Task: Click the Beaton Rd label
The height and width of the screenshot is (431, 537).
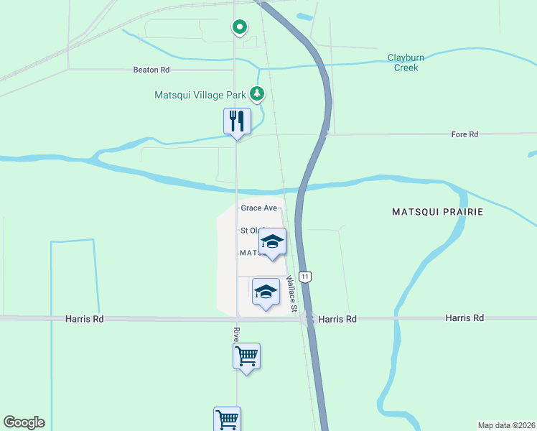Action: click(151, 70)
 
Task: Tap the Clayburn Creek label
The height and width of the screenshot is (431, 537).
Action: click(406, 62)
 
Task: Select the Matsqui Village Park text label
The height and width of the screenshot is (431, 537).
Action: click(200, 94)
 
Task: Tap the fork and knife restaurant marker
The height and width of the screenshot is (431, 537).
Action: click(238, 121)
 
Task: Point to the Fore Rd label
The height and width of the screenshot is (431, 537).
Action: click(464, 134)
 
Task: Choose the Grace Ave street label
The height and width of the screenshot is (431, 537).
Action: click(258, 208)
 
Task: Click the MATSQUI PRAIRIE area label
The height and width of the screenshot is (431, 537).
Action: click(437, 212)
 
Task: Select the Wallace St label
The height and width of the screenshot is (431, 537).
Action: click(291, 292)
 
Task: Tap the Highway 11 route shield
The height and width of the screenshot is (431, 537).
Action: click(306, 277)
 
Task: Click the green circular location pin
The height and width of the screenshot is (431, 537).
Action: click(239, 27)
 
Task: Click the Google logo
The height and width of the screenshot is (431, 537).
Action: click(24, 422)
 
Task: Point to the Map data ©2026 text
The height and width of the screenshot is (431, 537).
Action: click(506, 425)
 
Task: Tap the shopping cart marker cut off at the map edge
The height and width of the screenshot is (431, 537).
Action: click(227, 419)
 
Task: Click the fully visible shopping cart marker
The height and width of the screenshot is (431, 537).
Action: click(246, 356)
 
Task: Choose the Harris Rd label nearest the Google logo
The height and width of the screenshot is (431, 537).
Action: click(85, 318)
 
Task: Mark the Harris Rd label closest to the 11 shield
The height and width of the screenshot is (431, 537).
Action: click(337, 319)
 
